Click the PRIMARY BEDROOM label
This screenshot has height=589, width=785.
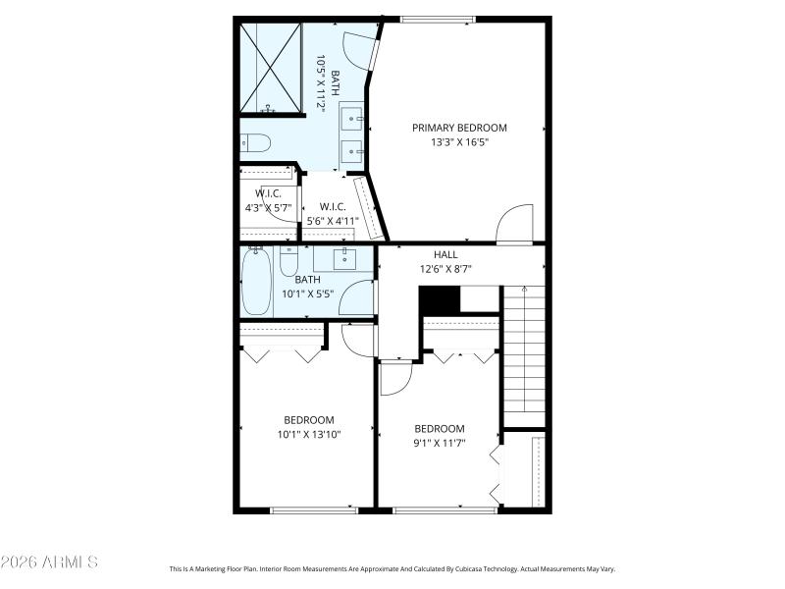(459, 128)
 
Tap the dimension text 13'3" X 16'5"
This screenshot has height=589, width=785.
(459, 142)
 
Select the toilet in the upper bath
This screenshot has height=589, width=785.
(255, 142)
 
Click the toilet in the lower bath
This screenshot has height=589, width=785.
(288, 262)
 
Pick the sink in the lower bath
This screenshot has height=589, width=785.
(344, 259)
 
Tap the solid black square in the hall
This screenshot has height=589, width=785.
(439, 299)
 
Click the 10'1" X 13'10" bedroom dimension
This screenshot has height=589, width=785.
(308, 434)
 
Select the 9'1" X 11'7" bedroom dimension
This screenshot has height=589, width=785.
(439, 443)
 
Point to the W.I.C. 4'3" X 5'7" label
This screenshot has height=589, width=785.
(268, 200)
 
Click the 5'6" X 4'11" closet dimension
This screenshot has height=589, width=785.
(333, 221)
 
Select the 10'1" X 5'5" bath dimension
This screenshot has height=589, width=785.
(308, 294)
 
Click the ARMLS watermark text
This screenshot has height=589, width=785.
(49, 562)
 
